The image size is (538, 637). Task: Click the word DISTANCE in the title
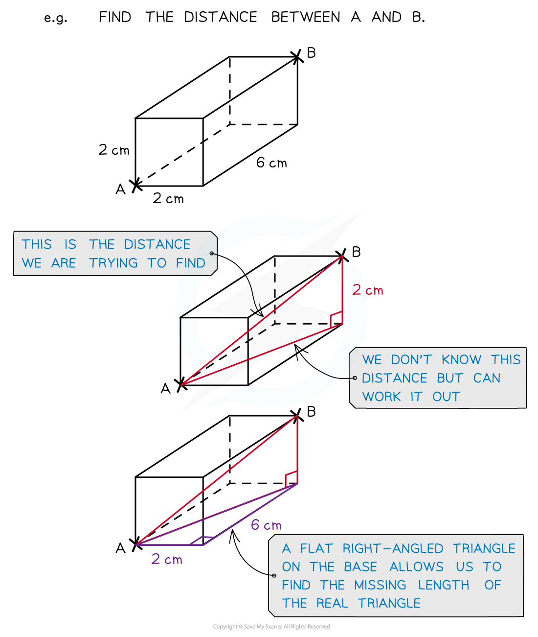point(220,17)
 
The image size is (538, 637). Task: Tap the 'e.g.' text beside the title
point(55,18)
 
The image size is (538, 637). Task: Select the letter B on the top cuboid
point(311,53)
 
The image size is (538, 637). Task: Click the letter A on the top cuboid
point(121,189)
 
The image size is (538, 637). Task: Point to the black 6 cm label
point(271,163)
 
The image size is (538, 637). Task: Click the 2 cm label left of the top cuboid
point(114,150)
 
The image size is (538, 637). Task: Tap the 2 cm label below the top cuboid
point(168,198)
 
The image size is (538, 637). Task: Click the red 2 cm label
point(367,290)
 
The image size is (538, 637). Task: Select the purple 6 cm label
point(266,525)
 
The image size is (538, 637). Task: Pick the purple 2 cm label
point(167,559)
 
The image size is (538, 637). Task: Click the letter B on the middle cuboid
point(356,252)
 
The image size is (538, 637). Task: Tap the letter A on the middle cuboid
point(166,389)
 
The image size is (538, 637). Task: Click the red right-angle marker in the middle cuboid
point(336,319)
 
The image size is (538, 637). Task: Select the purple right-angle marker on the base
point(202,541)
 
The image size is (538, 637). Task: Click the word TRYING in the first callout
point(113,263)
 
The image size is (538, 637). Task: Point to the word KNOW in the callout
point(461,360)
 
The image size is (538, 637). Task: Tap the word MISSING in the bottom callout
point(380,585)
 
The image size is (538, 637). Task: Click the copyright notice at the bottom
point(271,627)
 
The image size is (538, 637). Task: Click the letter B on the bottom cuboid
point(311,411)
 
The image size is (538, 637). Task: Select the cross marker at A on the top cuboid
point(136,186)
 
